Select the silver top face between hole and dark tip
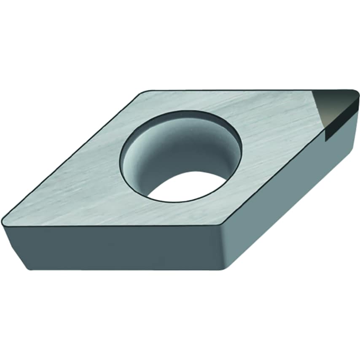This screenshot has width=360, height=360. pos(274,126)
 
